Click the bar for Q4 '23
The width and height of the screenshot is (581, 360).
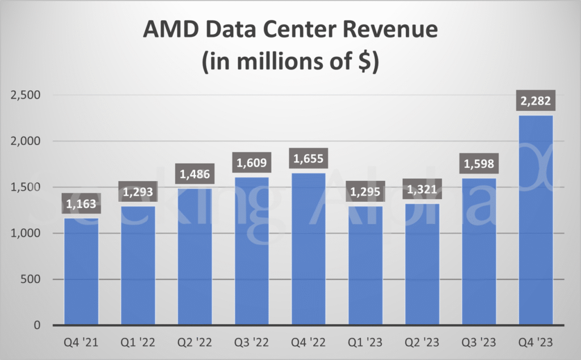tap(536, 221)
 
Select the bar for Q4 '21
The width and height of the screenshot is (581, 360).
tap(81, 272)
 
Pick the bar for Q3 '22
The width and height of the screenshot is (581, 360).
tap(251, 252)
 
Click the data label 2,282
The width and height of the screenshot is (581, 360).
tap(536, 102)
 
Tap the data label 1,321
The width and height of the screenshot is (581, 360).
tap(422, 189)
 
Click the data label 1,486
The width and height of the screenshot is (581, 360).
tap(195, 174)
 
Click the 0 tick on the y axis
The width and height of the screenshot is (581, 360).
tap(36, 325)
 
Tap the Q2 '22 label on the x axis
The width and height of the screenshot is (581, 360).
tap(195, 342)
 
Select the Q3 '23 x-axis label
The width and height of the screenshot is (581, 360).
tap(479, 342)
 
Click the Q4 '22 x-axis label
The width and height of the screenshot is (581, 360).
tap(309, 342)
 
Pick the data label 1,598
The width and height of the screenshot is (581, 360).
tap(479, 164)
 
